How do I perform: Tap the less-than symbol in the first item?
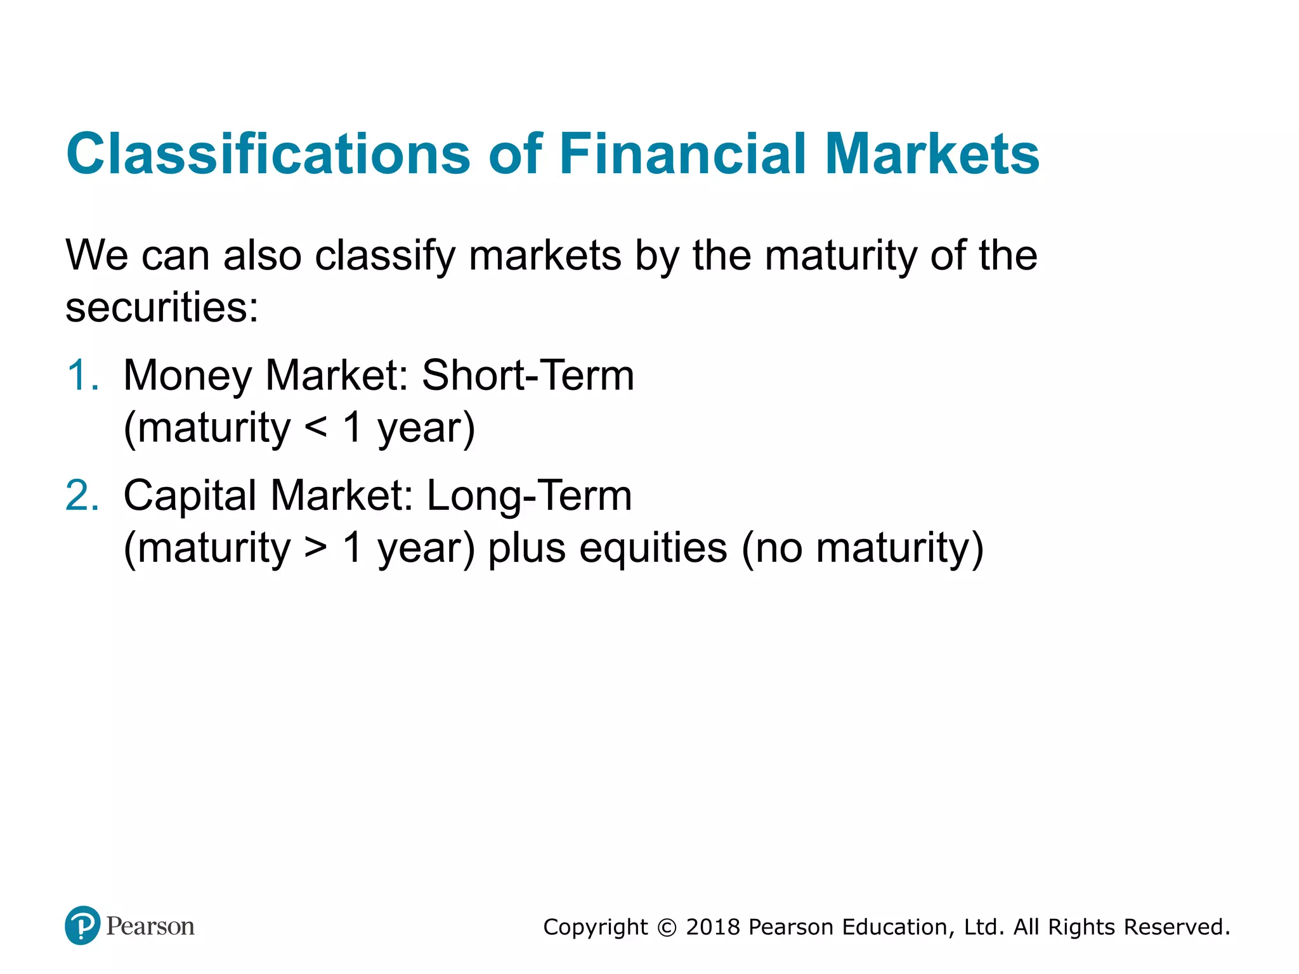pos(315,427)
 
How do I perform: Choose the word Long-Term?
pos(529,495)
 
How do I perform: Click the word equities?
pos(653,548)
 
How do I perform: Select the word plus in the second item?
pos(526,548)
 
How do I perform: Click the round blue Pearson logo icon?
pos(82,925)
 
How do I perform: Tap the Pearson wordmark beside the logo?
pos(150,926)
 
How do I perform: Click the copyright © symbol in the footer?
pos(667,928)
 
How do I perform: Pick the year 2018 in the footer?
pos(713,927)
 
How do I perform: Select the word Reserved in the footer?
pos(1177,927)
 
